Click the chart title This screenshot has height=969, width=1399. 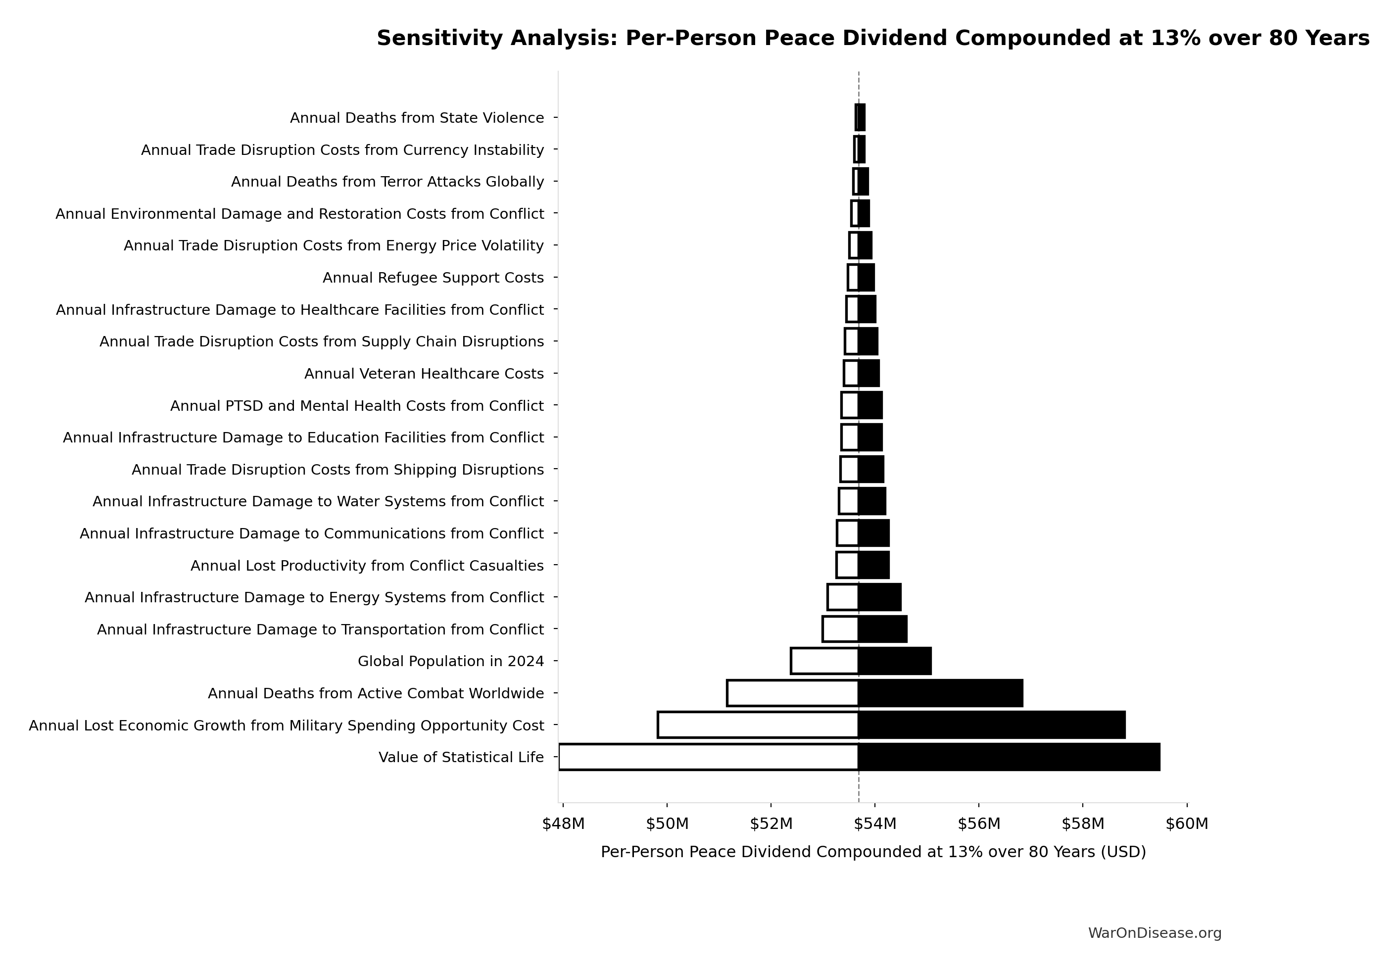coord(873,38)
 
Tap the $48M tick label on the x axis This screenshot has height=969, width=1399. coord(563,824)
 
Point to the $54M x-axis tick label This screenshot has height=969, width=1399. coord(874,824)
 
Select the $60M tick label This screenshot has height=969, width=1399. coord(1187,824)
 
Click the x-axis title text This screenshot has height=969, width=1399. coord(873,852)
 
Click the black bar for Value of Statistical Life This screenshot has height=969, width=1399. coord(1009,757)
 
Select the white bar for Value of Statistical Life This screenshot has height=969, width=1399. coord(708,757)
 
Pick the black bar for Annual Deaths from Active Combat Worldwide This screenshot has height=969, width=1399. coord(940,693)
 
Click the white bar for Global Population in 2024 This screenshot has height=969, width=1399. coord(824,661)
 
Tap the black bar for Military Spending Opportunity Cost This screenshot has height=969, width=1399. coord(992,725)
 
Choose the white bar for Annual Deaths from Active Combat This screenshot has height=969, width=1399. coord(792,693)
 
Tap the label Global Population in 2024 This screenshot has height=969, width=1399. coord(450,661)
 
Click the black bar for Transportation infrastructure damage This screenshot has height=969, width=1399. coord(882,629)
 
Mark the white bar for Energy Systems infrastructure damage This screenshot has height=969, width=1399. coord(842,597)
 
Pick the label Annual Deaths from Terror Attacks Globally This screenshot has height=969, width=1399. coord(387,182)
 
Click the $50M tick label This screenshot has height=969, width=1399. coord(667,824)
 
